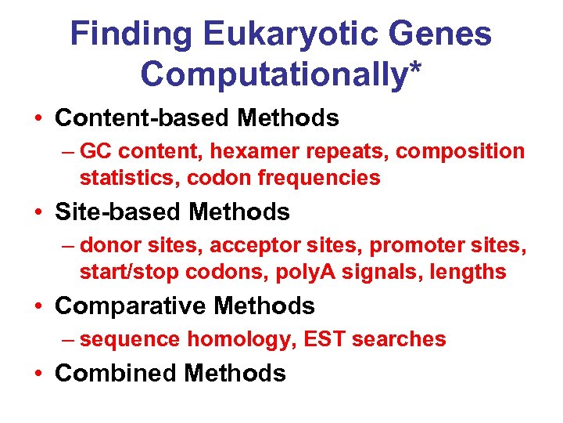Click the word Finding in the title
129,34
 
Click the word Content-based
143,118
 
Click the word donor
112,245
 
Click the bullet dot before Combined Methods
38,374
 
